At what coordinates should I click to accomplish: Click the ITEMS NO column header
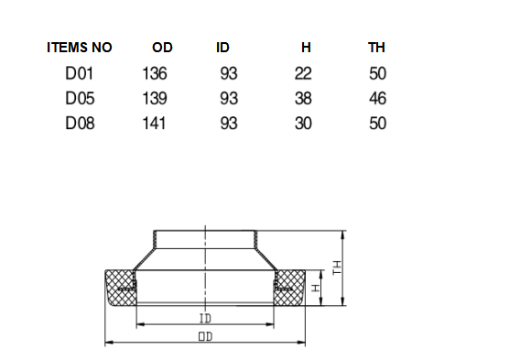click(x=80, y=48)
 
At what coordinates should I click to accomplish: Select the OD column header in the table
click(x=162, y=48)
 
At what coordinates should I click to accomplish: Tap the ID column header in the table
click(x=222, y=48)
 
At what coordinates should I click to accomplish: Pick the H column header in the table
click(x=306, y=48)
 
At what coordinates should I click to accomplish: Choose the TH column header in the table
click(x=376, y=48)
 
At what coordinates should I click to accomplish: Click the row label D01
click(x=80, y=73)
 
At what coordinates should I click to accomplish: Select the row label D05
click(x=80, y=98)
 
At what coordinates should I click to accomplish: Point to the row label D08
click(x=80, y=123)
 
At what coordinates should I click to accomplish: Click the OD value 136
click(x=155, y=73)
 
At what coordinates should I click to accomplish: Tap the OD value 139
click(x=155, y=98)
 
